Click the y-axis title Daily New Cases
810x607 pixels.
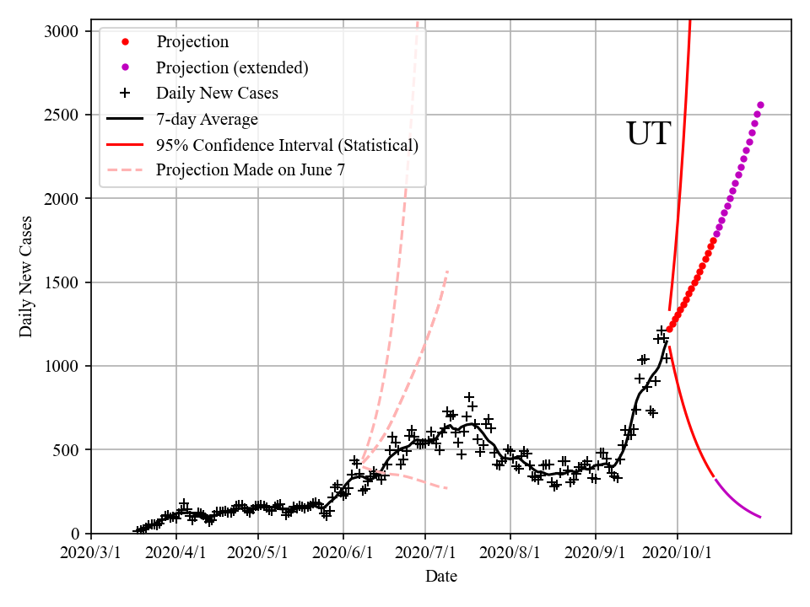tap(26, 277)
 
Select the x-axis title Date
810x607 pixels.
tap(441, 577)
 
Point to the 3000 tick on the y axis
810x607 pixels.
tap(61, 32)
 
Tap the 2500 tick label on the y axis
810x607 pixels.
tap(61, 115)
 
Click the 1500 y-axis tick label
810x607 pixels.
tap(61, 282)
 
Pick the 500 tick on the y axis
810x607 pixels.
tap(66, 450)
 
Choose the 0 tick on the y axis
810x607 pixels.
tap(75, 534)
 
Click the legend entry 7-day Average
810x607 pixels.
tap(207, 119)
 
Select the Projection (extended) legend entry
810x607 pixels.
tap(232, 67)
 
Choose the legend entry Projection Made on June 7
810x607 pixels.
tap(251, 170)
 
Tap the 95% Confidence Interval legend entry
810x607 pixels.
tap(287, 145)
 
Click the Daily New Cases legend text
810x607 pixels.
tap(217, 94)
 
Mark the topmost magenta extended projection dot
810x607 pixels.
tap(760, 105)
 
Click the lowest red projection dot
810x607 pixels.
tap(670, 329)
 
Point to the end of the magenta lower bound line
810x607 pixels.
tap(760, 517)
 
